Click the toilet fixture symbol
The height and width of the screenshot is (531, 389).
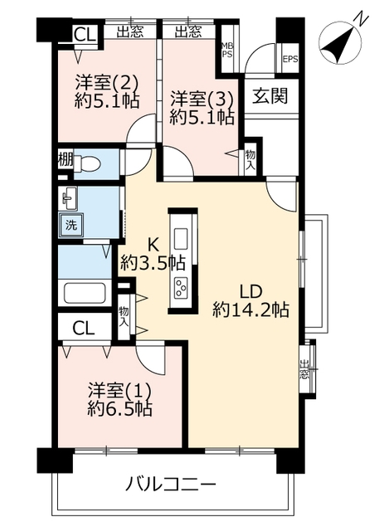tap(87, 164)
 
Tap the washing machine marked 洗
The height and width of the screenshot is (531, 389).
tap(71, 225)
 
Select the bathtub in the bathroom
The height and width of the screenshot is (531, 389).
tap(85, 293)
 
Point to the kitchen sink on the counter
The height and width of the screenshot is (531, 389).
tap(181, 240)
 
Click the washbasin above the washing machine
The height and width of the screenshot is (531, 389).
tap(70, 197)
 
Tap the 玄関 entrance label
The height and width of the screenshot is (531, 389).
tap(270, 95)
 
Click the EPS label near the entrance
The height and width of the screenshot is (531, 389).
tap(290, 59)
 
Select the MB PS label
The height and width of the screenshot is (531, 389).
tap(226, 50)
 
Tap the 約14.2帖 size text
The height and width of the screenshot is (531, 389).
tap(250, 309)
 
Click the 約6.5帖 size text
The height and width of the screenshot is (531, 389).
tap(119, 408)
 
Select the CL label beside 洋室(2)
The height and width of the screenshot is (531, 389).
tap(85, 35)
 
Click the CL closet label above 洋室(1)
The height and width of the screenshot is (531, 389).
tap(84, 327)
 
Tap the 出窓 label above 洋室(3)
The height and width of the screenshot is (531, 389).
tap(188, 32)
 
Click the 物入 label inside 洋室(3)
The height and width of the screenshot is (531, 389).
tap(250, 161)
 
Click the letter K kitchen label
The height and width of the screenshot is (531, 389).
tap(153, 245)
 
